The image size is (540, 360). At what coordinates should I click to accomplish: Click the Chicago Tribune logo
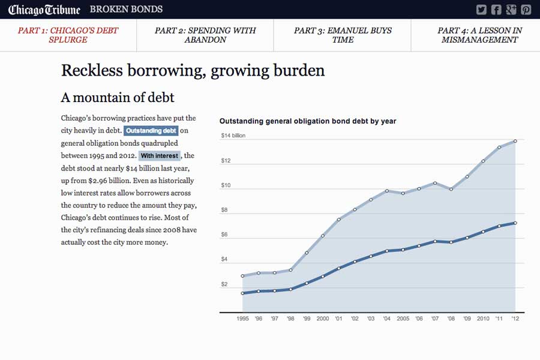tap(44, 10)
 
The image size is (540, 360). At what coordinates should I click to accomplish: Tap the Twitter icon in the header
tap(481, 10)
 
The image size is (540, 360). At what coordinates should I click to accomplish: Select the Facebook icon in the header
tap(496, 10)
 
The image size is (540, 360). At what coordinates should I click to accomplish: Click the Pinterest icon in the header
tap(526, 10)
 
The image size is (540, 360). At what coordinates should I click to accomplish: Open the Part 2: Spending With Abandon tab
tap(205, 35)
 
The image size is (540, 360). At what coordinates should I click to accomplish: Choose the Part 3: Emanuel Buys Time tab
tap(343, 35)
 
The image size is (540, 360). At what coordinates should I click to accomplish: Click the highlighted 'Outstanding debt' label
tap(151, 131)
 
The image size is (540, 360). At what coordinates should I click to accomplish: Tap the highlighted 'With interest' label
tap(159, 156)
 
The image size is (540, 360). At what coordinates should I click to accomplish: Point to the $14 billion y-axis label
tap(233, 136)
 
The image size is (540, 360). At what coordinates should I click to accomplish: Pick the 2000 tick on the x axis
tap(323, 319)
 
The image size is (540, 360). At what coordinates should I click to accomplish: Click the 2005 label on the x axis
tap(403, 319)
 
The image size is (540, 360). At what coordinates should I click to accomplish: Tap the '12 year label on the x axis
tap(515, 319)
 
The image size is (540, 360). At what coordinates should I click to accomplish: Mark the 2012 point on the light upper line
tap(515, 142)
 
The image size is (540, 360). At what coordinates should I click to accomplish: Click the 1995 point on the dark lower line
tap(242, 293)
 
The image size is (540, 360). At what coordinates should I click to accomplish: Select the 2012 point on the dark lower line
tap(515, 223)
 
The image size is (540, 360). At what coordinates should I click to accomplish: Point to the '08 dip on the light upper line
tap(451, 189)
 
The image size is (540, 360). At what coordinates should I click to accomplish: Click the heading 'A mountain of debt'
tap(118, 97)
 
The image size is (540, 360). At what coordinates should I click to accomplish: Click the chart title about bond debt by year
tap(308, 121)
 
